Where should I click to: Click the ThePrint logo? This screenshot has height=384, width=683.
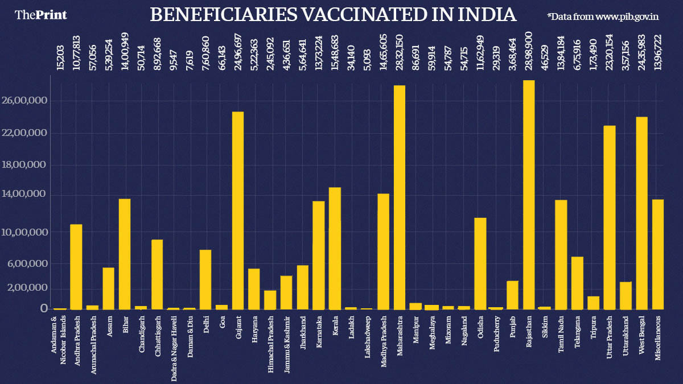click(41, 15)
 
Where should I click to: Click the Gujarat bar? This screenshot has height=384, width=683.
click(238, 210)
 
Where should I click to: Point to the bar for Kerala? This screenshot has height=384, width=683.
click(335, 248)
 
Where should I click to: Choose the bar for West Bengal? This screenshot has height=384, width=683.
click(642, 213)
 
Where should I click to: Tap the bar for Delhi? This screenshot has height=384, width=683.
click(205, 279)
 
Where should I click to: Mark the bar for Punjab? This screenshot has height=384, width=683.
click(512, 295)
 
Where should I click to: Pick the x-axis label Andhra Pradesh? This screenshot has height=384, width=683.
click(77, 340)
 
